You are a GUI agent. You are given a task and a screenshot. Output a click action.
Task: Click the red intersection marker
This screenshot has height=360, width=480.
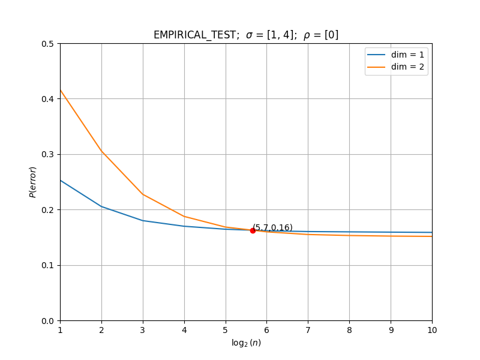tap(253, 230)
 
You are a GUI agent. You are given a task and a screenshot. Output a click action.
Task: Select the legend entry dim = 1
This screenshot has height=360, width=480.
tap(395, 55)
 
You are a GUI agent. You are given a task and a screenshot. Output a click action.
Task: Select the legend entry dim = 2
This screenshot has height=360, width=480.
tap(395, 67)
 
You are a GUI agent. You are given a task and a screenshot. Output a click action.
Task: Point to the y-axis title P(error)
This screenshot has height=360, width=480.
tap(32, 182)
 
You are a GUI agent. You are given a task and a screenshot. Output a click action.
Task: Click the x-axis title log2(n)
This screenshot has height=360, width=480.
tap(246, 343)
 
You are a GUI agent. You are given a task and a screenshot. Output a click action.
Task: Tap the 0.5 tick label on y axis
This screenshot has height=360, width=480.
tap(47, 44)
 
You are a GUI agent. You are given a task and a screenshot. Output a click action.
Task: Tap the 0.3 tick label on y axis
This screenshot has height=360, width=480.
tap(47, 155)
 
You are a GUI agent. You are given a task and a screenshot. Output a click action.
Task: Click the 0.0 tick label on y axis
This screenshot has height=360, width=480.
tap(47, 321)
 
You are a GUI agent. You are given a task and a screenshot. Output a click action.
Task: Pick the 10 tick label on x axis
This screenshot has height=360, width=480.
tap(432, 330)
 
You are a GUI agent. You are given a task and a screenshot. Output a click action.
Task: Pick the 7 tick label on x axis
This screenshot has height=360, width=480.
tap(308, 330)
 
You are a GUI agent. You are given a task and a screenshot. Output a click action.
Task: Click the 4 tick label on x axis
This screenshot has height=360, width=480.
tap(184, 330)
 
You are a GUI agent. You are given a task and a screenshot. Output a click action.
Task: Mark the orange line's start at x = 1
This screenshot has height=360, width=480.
tap(61, 90)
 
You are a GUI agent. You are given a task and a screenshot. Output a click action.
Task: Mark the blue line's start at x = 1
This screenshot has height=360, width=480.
tap(61, 181)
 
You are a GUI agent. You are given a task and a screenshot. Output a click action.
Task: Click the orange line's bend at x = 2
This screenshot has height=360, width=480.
tap(101, 151)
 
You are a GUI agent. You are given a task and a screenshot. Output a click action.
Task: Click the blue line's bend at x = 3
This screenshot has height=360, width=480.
tap(143, 220)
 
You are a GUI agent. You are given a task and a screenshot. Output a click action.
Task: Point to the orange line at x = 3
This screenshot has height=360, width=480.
tap(143, 194)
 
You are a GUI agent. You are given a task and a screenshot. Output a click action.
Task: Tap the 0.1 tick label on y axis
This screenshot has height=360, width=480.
tap(47, 265)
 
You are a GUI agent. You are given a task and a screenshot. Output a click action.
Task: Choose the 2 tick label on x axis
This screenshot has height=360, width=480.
tap(101, 330)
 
